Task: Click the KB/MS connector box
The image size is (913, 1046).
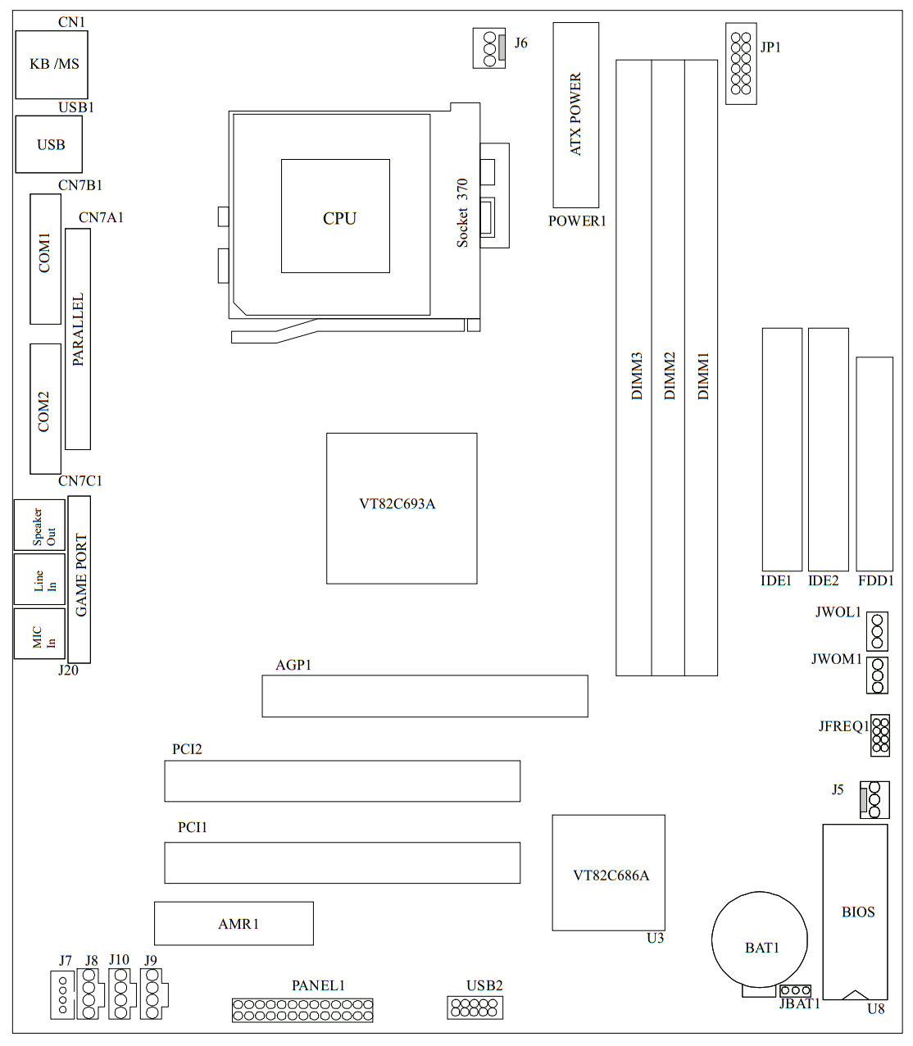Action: [51, 65]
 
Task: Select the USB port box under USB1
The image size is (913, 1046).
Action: [49, 144]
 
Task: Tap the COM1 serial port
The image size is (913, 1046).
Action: [45, 258]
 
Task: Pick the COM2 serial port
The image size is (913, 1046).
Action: [45, 408]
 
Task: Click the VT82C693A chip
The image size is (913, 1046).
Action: [402, 508]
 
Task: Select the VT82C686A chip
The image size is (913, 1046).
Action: [608, 872]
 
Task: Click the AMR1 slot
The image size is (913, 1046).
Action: [234, 923]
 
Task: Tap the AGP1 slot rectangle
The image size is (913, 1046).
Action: [425, 696]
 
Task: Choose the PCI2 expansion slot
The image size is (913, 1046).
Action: [342, 780]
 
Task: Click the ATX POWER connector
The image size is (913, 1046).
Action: [575, 115]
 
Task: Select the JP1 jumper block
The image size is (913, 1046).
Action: [741, 63]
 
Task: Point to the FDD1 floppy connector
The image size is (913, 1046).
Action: [874, 463]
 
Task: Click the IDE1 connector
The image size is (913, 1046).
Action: [782, 449]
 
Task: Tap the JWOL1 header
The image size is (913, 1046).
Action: [877, 631]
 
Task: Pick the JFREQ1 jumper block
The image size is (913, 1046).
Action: [880, 734]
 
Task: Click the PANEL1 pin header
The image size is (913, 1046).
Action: [302, 1010]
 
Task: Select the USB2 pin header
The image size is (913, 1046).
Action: [475, 1007]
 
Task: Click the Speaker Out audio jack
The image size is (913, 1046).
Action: [39, 525]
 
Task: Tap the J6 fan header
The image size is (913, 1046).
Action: [489, 48]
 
